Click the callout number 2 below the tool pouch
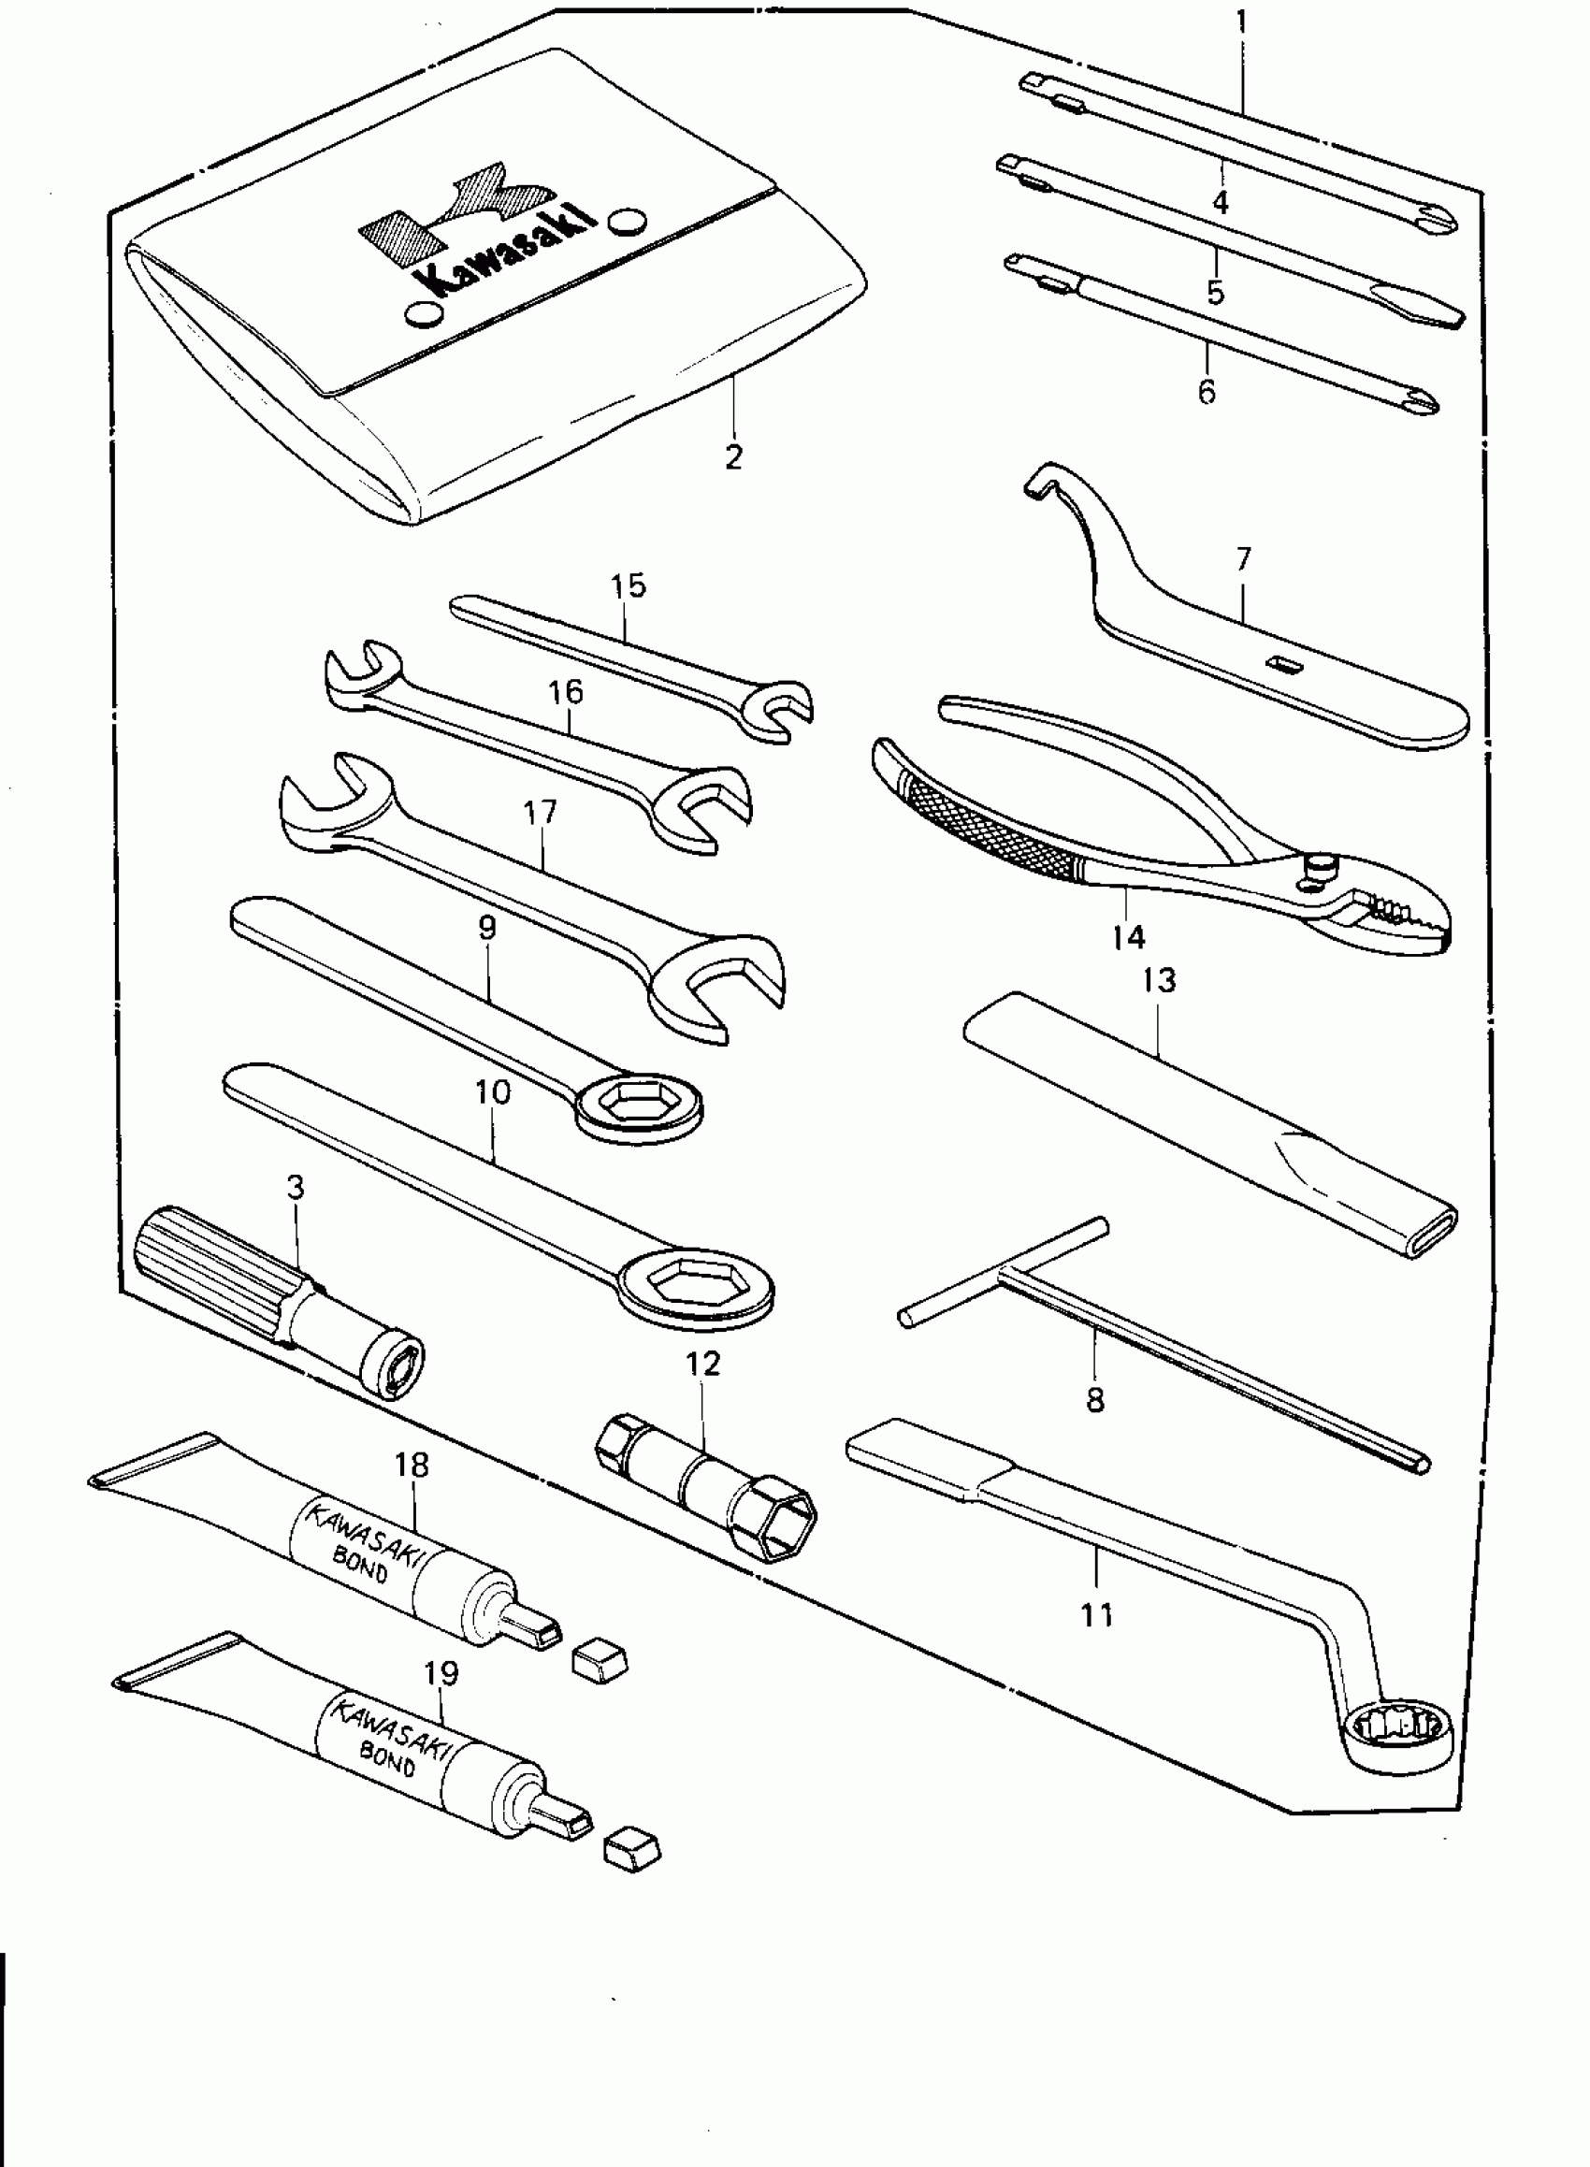(733, 456)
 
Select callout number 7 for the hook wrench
(1243, 559)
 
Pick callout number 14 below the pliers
(1128, 935)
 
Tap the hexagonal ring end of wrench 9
(638, 1106)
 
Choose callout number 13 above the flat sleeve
(1159, 980)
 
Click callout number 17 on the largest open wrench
(540, 812)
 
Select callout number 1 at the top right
(1241, 22)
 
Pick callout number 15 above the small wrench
(629, 586)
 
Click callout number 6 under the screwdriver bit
(1207, 392)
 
